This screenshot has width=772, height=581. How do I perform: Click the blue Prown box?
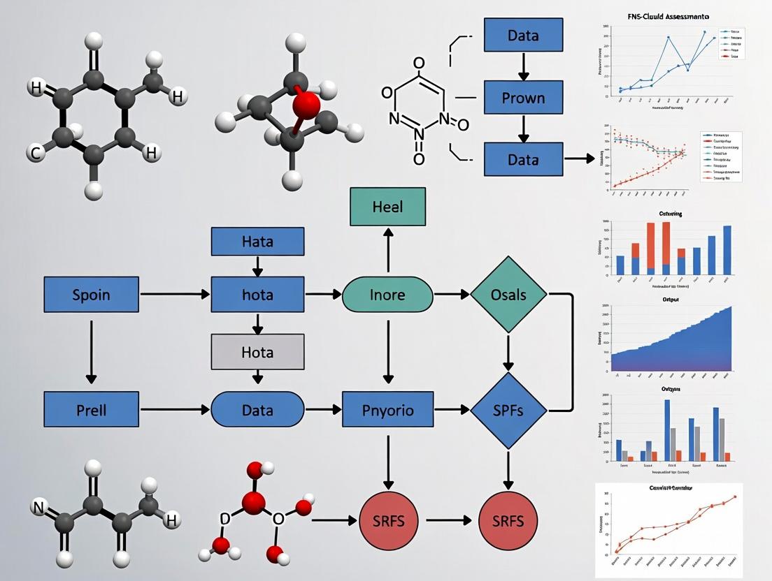(x=523, y=97)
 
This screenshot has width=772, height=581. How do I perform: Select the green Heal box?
(x=387, y=207)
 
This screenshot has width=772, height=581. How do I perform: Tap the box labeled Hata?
(x=257, y=242)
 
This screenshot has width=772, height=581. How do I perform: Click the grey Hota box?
(x=257, y=351)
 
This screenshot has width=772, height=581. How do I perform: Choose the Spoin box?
(x=91, y=294)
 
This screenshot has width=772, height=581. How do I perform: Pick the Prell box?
(x=91, y=409)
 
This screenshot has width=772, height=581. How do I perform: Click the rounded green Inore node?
(x=387, y=294)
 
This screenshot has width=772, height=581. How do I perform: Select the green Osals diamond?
(x=508, y=294)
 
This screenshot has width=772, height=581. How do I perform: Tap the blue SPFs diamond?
(x=508, y=409)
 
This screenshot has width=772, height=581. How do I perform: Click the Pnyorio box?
(x=387, y=409)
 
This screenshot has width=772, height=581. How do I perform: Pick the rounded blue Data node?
(x=257, y=409)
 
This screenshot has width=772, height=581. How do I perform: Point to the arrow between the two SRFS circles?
(x=451, y=521)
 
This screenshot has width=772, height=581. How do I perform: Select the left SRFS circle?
(x=387, y=521)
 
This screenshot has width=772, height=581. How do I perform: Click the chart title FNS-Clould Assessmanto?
(x=665, y=15)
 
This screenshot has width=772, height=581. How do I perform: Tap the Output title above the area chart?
(x=671, y=299)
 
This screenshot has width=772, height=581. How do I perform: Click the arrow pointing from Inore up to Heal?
(x=387, y=251)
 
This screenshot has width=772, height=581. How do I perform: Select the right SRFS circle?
(x=508, y=521)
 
